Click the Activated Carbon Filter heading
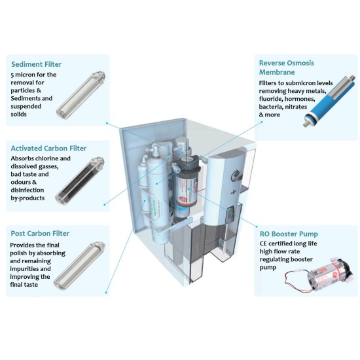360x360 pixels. pyautogui.click(x=49, y=148)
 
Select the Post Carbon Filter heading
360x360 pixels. pyautogui.click(x=41, y=233)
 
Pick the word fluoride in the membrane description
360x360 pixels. pyautogui.click(x=275, y=99)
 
